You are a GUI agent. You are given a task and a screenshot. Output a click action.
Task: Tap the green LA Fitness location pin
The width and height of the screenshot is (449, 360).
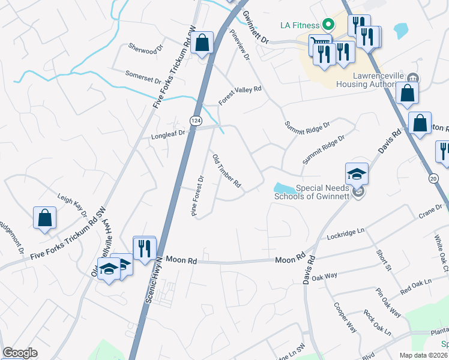coord(328,25)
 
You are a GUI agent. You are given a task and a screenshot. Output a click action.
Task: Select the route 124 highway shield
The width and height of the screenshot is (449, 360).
coord(196,121)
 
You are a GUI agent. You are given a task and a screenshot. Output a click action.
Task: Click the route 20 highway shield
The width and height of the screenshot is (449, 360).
coord(433,178)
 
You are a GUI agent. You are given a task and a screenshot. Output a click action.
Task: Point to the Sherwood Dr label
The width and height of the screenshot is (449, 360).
coord(146,49)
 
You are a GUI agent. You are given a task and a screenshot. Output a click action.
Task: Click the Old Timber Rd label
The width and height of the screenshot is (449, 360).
coord(226,172)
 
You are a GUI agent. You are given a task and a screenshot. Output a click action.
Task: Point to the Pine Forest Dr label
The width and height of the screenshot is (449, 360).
coord(198,197)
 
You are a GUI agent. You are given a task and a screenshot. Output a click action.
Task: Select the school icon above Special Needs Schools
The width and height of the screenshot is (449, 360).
coord(357,175)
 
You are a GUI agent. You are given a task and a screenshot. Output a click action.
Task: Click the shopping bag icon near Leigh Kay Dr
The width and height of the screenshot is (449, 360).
coord(45,218)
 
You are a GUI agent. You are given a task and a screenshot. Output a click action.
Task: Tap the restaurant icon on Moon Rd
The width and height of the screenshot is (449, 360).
coord(144,248)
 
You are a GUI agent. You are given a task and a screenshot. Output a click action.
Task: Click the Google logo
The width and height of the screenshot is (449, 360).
coord(20,353)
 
